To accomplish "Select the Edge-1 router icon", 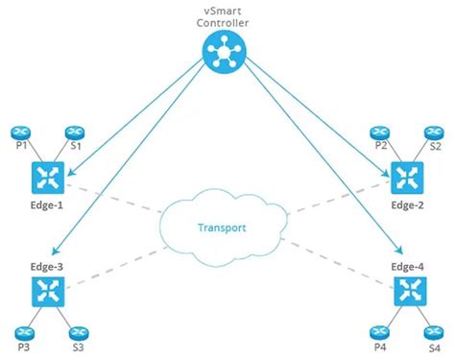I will point(46,176).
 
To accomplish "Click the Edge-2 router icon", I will point(404,176).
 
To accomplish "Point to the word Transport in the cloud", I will point(222,228).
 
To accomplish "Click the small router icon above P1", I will point(19,133).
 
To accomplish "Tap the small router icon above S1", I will point(73,133).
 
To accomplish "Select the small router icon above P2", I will point(380,132).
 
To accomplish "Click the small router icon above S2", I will point(434,132).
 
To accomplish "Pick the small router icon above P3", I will point(19,333).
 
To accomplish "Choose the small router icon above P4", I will point(381,332).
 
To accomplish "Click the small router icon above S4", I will point(435,332).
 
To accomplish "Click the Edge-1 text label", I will point(46,205).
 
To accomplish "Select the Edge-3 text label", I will point(46,261).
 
